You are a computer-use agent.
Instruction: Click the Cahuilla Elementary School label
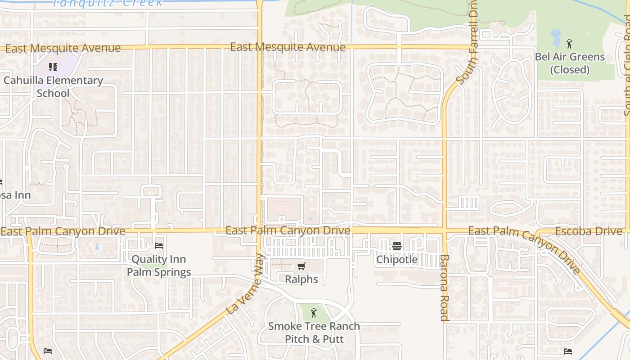pos(53,87)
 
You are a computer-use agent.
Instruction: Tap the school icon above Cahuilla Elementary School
pos(53,67)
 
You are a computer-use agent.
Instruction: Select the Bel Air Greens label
pos(570,57)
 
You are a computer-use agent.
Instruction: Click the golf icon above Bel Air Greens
pos(569,44)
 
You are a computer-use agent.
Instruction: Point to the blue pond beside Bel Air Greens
pos(555,39)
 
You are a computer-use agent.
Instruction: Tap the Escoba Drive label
pos(589,231)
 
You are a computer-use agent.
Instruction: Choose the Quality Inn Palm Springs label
pos(159,265)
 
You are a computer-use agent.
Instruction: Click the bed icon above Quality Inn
pos(159,245)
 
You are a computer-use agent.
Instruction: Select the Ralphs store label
pos(301,279)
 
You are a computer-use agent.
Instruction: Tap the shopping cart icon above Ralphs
pos(301,266)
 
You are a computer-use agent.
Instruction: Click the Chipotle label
pos(397,260)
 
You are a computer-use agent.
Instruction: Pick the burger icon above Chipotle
pos(396,246)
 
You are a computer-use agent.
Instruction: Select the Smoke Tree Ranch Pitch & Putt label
pos(314,332)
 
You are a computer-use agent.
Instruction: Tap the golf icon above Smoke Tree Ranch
pos(314,312)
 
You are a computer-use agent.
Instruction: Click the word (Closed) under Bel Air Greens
pos(570,70)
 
